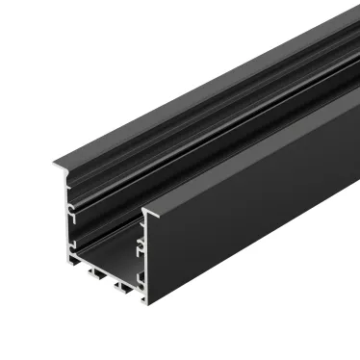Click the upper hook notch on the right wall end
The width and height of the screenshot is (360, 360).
pos(141,243)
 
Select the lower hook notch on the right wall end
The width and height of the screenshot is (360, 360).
pos(141,276)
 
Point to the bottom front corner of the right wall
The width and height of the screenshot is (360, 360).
pos(147,304)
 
